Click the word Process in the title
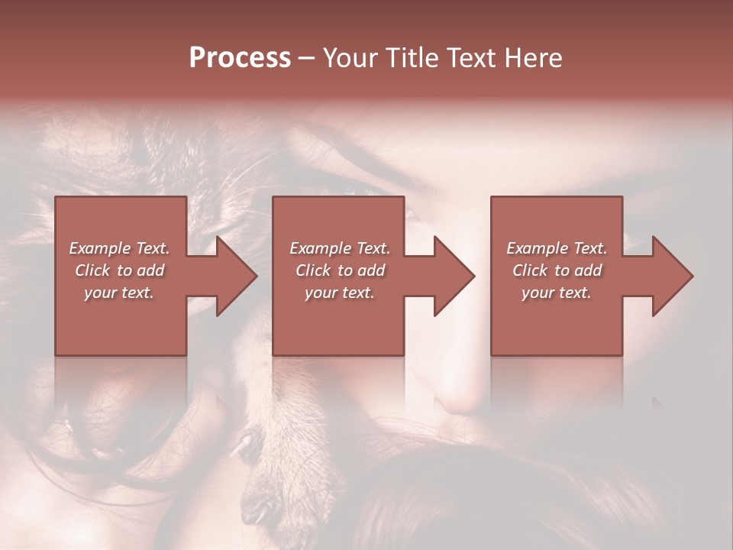[240, 58]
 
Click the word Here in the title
[534, 58]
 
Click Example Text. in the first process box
[120, 248]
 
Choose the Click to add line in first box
[120, 270]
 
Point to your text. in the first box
[120, 293]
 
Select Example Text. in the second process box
[339, 248]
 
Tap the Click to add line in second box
[339, 270]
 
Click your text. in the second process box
[339, 293]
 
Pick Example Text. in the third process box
[557, 248]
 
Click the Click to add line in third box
[557, 270]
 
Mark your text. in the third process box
[557, 293]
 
